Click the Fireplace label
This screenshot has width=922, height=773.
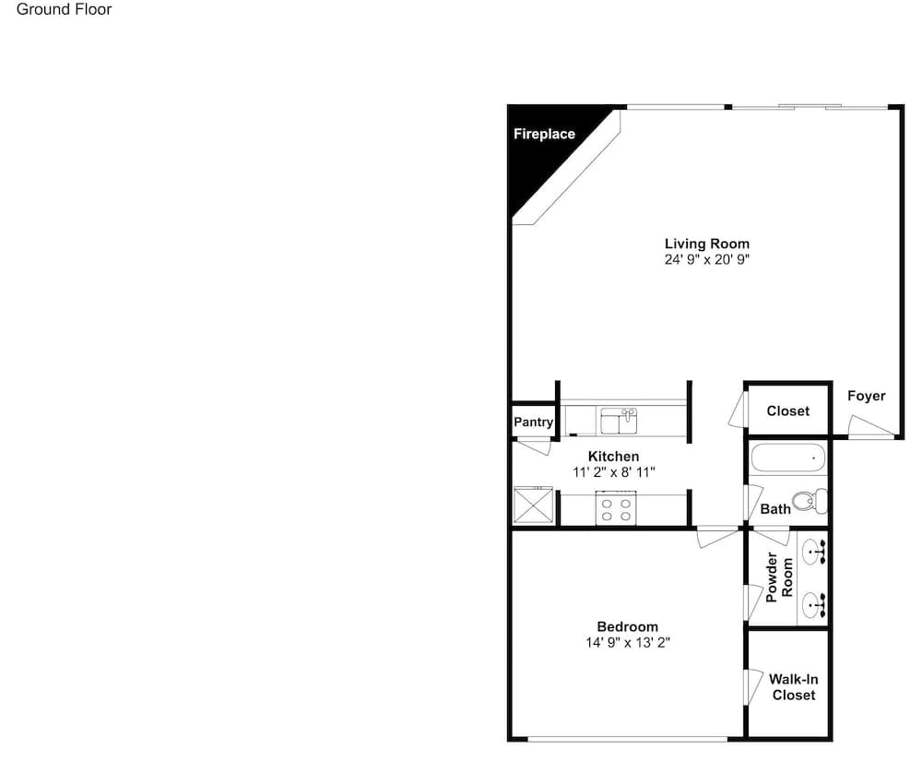pyautogui.click(x=544, y=134)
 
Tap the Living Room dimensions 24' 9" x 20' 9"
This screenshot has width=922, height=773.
pyautogui.click(x=707, y=259)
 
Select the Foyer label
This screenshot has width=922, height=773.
pyautogui.click(x=866, y=396)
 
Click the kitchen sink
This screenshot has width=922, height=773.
pyautogui.click(x=619, y=422)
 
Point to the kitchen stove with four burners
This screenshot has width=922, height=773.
pyautogui.click(x=616, y=508)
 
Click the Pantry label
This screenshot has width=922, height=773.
pyautogui.click(x=533, y=422)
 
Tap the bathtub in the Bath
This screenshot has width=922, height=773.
pyautogui.click(x=788, y=458)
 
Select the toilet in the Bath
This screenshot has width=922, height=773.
pyautogui.click(x=810, y=501)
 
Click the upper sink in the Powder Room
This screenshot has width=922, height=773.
pyautogui.click(x=814, y=553)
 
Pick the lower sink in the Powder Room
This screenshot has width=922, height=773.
pyautogui.click(x=814, y=605)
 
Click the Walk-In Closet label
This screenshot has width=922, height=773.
pyautogui.click(x=793, y=687)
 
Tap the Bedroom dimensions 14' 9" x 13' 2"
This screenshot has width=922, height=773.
pyautogui.click(x=627, y=642)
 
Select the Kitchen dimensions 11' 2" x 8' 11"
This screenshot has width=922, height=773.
pyautogui.click(x=614, y=471)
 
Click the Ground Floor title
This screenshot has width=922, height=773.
pyautogui.click(x=65, y=9)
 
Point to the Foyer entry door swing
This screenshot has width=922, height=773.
pyautogui.click(x=871, y=426)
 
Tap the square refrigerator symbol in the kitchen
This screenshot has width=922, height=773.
pyautogui.click(x=533, y=505)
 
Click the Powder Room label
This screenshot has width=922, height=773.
pyautogui.click(x=780, y=577)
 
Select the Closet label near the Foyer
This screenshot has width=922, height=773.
pyautogui.click(x=788, y=411)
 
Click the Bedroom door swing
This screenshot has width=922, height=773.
pyautogui.click(x=717, y=538)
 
